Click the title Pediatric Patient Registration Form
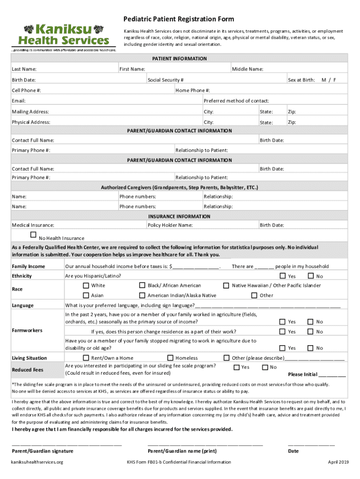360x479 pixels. (179, 19)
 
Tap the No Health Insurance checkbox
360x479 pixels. (33, 235)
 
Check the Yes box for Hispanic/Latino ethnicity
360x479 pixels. (282, 276)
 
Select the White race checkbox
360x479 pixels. (86, 285)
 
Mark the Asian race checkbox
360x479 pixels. (86, 295)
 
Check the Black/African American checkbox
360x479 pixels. (142, 285)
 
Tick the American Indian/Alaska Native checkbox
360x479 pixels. (142, 295)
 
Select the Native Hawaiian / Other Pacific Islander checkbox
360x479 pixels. (226, 285)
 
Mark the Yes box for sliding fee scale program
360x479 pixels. (236, 367)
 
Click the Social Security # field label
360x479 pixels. (166, 80)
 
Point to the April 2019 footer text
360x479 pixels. (338, 462)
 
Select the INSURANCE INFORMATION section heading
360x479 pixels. (180, 217)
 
